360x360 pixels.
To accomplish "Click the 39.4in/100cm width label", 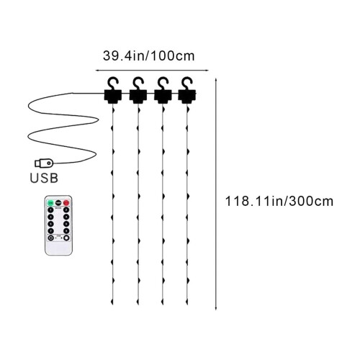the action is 148,56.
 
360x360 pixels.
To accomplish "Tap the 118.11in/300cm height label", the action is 279,201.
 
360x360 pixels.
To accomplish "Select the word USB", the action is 44,178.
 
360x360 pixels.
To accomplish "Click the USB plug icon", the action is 44,163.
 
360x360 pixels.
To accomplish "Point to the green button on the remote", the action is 50,203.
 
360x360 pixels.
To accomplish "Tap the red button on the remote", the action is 66,203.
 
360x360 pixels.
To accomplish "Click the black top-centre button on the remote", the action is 58,203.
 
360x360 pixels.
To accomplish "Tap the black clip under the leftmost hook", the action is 113,96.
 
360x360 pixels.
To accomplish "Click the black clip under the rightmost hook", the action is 187,96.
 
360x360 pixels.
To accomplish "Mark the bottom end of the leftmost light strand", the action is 112,305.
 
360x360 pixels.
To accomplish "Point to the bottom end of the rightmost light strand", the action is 187,305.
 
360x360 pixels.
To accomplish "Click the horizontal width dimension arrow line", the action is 152,71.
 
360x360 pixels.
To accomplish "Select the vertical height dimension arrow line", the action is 216,194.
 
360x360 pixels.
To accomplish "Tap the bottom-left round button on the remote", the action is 50,238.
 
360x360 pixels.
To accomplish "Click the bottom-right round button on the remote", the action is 66,238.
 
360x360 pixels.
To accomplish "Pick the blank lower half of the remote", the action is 58,248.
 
